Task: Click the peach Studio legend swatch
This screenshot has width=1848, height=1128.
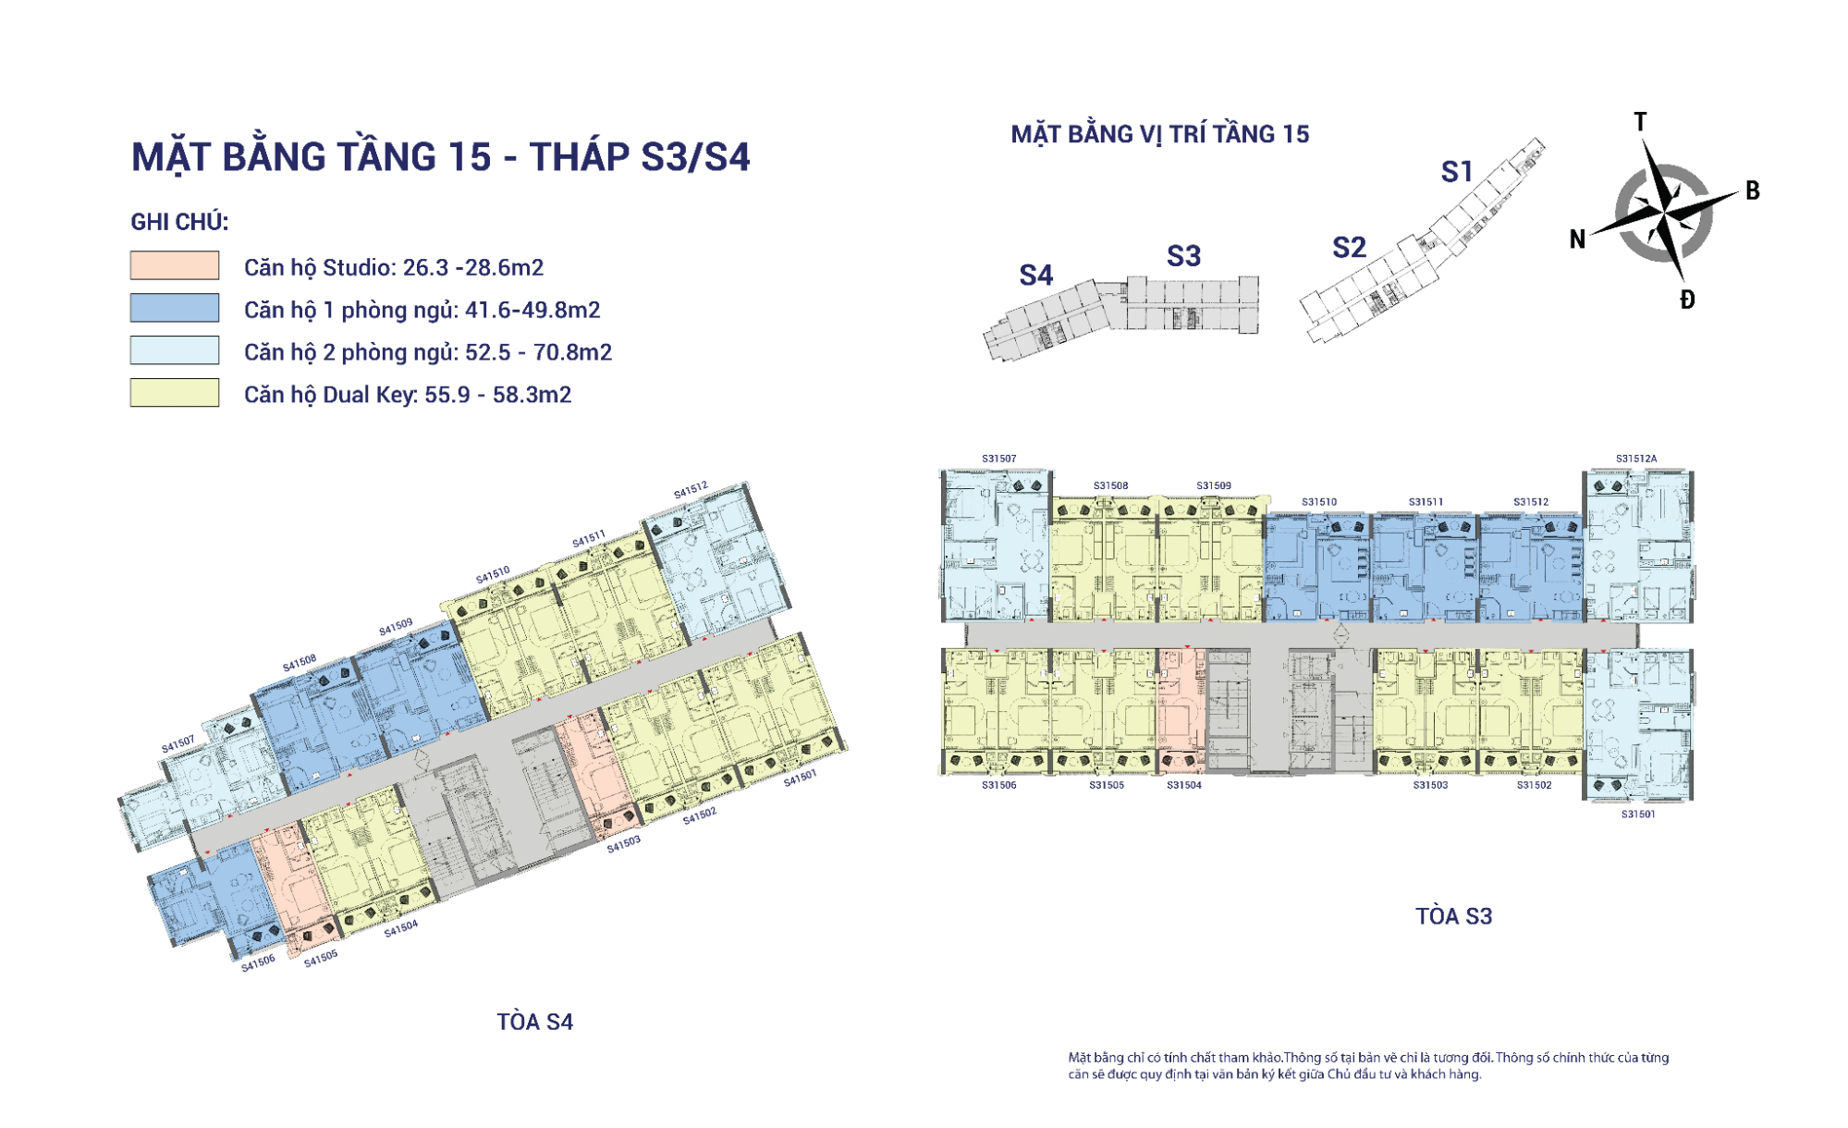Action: point(175,265)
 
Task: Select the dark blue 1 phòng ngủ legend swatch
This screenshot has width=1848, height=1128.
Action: point(175,308)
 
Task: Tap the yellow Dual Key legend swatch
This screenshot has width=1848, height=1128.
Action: point(175,393)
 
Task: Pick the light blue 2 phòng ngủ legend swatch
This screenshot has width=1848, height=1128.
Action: point(175,350)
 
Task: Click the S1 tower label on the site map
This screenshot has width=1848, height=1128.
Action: point(1457,172)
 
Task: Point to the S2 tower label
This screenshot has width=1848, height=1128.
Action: point(1349,248)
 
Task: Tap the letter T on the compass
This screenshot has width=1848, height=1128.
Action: point(1640,122)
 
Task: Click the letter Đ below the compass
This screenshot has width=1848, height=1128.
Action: point(1687,300)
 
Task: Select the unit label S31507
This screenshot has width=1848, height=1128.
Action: point(998,459)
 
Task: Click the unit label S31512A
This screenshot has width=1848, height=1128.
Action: point(1636,459)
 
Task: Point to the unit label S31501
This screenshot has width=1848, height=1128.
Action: point(1638,815)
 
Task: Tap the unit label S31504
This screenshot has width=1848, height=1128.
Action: point(1184,785)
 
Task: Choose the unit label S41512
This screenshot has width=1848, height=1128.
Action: point(691,490)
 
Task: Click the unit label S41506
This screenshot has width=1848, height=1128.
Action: point(258,963)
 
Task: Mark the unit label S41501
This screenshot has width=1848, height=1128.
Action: point(800,778)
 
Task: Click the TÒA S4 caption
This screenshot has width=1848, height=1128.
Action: point(535,1022)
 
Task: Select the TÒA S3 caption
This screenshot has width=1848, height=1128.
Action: point(1454,916)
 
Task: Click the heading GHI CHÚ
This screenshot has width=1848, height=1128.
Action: point(179,222)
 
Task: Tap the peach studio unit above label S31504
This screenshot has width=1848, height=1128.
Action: point(1182,710)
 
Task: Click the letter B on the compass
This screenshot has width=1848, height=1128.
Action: point(1753,191)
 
